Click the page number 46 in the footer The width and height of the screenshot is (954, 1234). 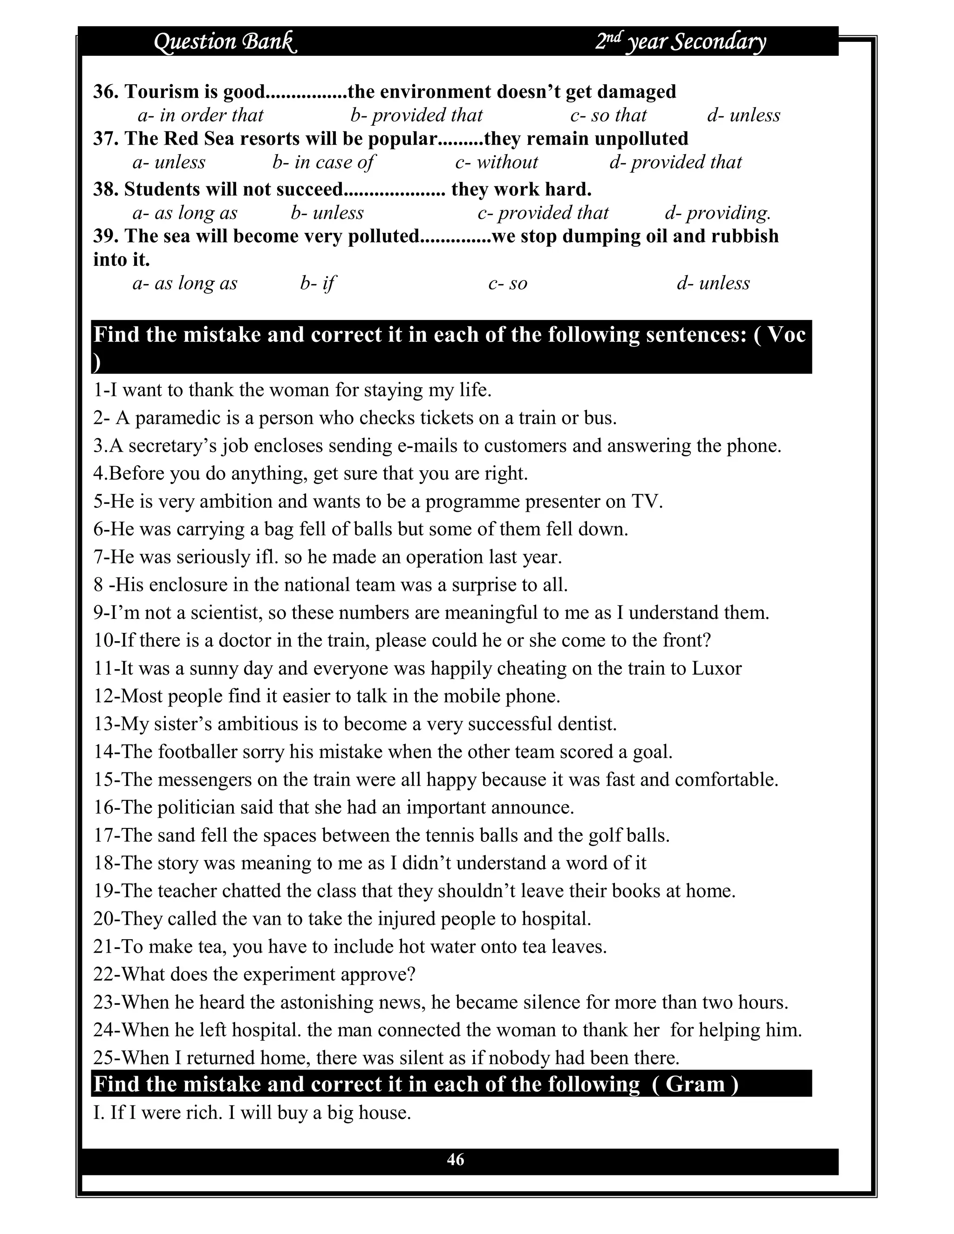pyautogui.click(x=455, y=1159)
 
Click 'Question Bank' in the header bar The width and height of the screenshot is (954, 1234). pyautogui.click(x=225, y=42)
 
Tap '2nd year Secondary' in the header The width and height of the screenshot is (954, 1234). pyautogui.click(x=681, y=42)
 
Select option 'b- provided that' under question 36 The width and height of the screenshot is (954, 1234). pyautogui.click(x=416, y=115)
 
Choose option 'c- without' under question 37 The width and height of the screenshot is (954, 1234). pyautogui.click(x=496, y=162)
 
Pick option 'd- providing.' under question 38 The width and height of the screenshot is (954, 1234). pyautogui.click(x=718, y=213)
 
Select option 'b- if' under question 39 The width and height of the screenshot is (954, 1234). pyautogui.click(x=318, y=283)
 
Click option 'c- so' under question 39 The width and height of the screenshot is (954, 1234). pyautogui.click(x=508, y=283)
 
